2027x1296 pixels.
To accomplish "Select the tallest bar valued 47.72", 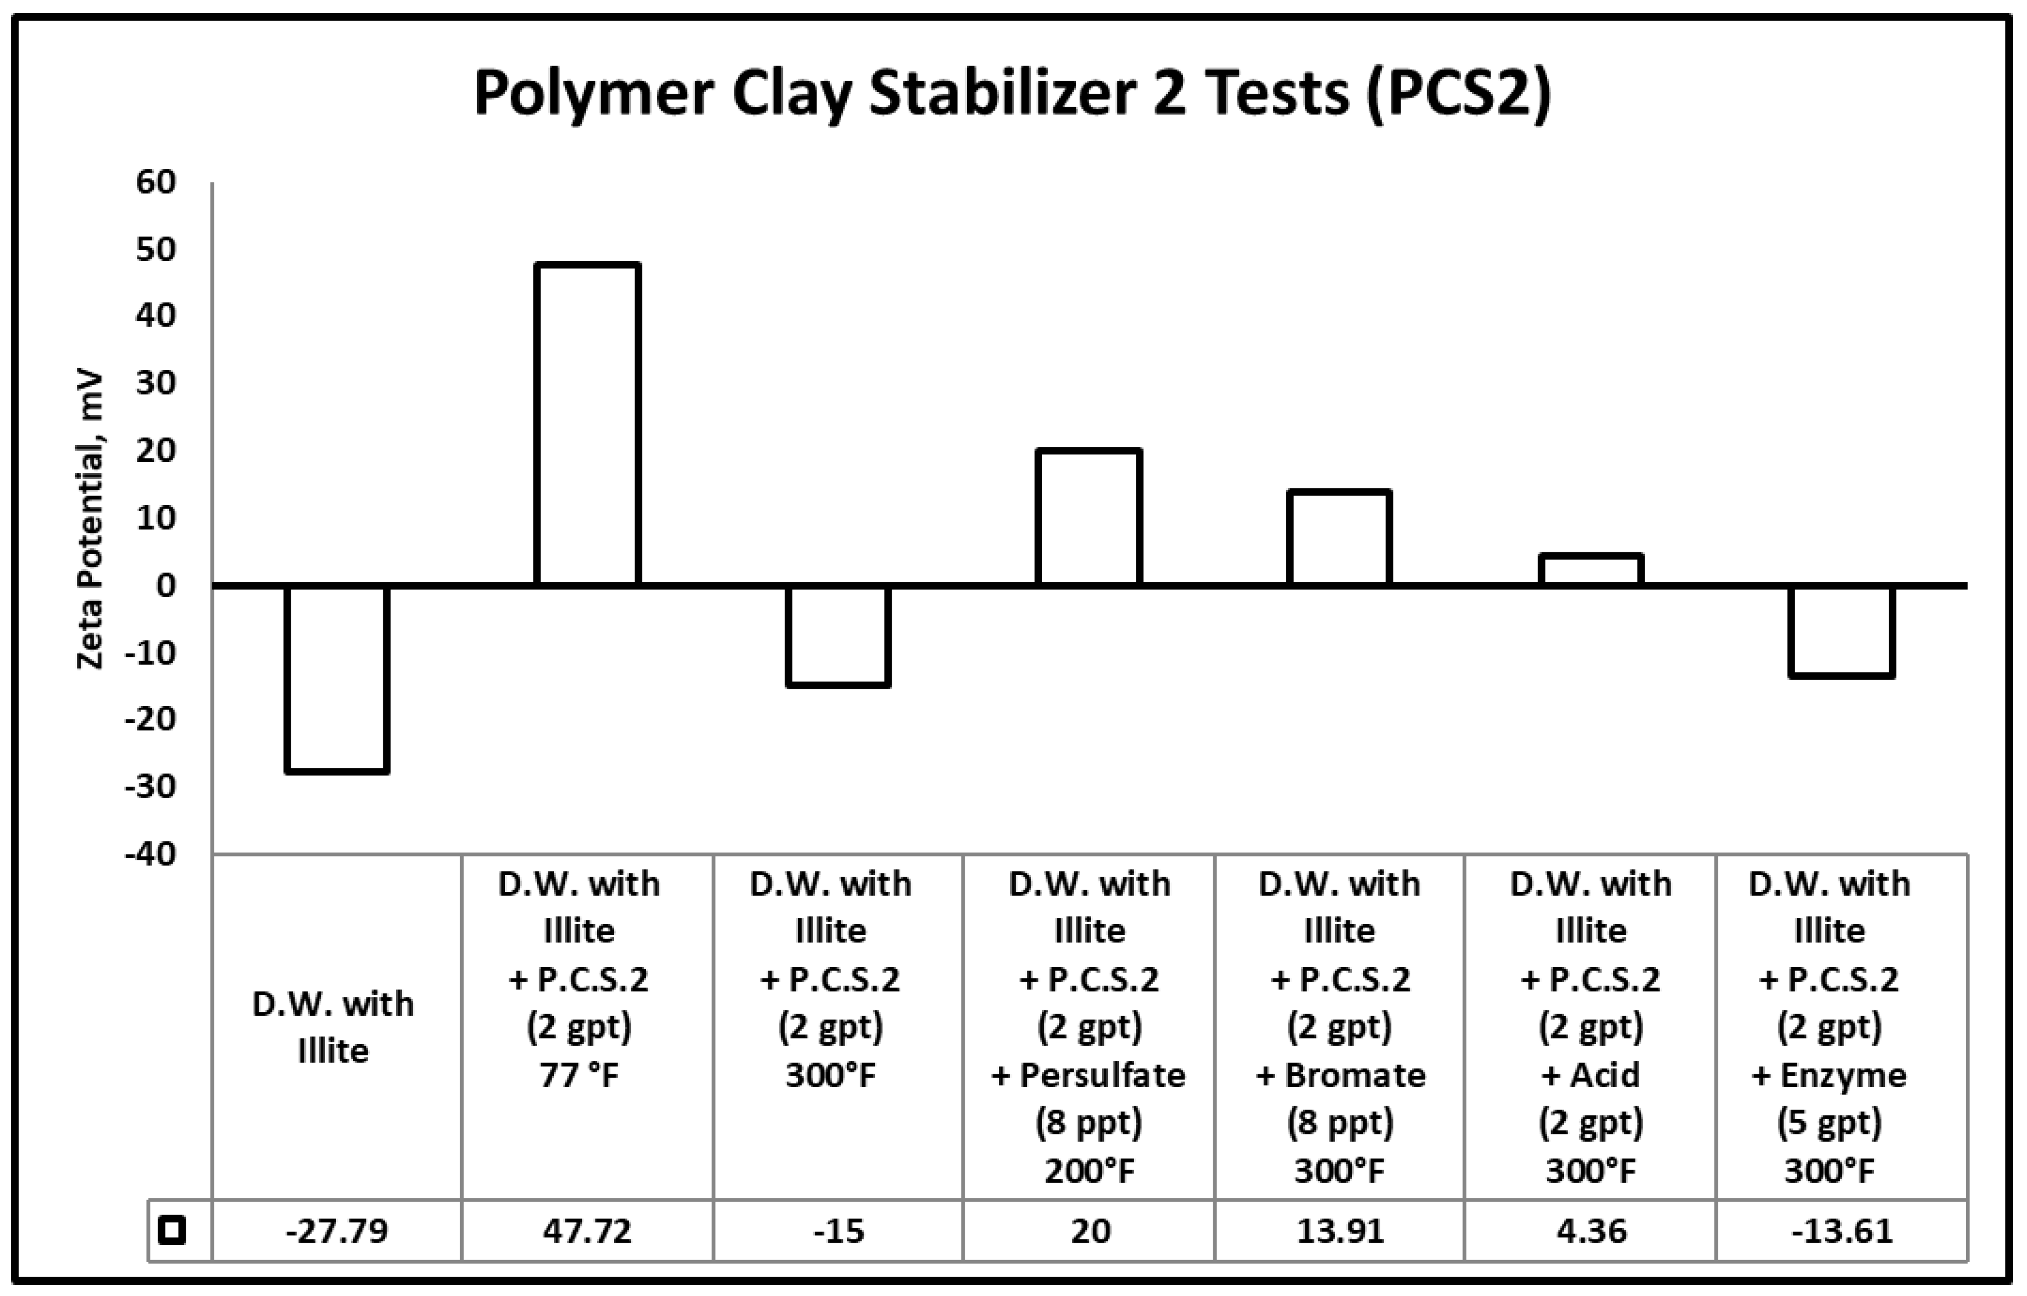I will pyautogui.click(x=588, y=424).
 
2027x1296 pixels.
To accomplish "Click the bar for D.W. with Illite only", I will pyautogui.click(x=337, y=678).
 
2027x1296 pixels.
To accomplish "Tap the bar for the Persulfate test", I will pyautogui.click(x=1089, y=517).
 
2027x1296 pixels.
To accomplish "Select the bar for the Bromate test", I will pyautogui.click(x=1339, y=537).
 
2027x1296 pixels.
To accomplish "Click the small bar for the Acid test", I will pyautogui.click(x=1591, y=569).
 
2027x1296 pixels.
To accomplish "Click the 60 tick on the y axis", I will pyautogui.click(x=156, y=182).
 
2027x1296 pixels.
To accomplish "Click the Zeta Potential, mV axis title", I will pyautogui.click(x=89, y=520).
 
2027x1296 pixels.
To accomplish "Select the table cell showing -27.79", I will pyautogui.click(x=337, y=1231).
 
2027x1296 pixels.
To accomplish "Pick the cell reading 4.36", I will pyautogui.click(x=1591, y=1231).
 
